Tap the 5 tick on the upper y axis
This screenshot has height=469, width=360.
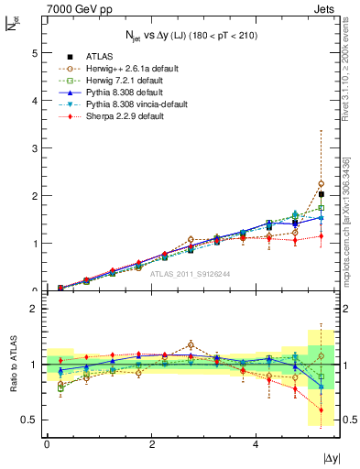pyautogui.click(x=35, y=53)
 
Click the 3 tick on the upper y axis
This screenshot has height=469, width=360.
pyautogui.click(x=35, y=148)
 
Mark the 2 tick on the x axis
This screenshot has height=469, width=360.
pyautogui.click(x=151, y=444)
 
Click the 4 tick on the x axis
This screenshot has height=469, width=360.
pyautogui.click(x=256, y=444)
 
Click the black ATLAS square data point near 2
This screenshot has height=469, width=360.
pyautogui.click(x=321, y=194)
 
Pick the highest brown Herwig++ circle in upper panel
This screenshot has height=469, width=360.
pyautogui.click(x=321, y=184)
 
